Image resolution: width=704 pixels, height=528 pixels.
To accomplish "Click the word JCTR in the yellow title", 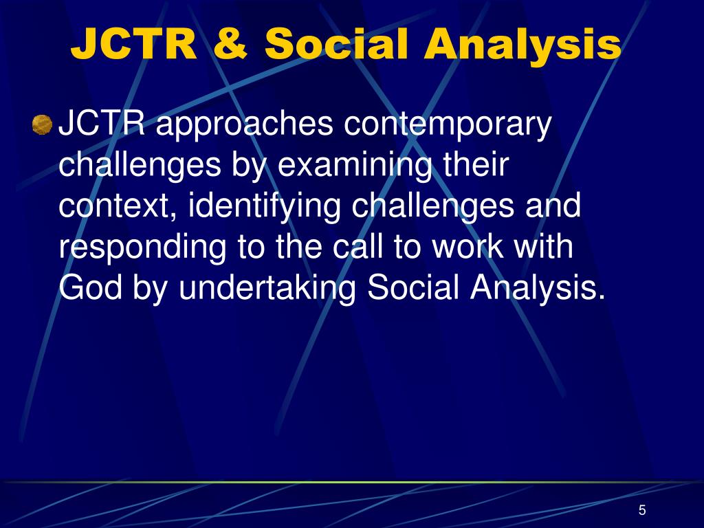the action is [134, 43].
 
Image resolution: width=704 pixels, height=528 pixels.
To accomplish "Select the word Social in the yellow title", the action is [336, 43].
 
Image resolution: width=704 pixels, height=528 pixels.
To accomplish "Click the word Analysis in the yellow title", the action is [522, 45].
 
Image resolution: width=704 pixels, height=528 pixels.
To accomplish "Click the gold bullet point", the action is [42, 125].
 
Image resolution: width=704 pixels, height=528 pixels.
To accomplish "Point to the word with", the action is [543, 246].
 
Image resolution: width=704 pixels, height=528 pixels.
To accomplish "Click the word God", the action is [90, 287].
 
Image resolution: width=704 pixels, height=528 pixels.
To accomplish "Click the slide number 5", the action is [642, 510].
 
